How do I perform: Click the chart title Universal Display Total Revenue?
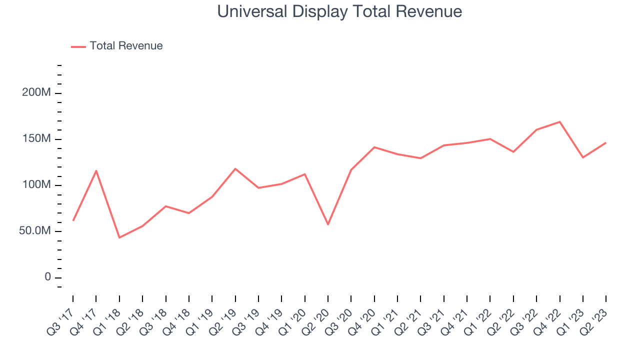pyautogui.click(x=339, y=11)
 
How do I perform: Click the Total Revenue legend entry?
pyautogui.click(x=126, y=46)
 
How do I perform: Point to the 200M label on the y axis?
pyautogui.click(x=36, y=93)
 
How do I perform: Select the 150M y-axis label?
pyautogui.click(x=36, y=139)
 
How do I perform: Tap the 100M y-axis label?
pyautogui.click(x=36, y=185)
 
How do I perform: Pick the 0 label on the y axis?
pyautogui.click(x=47, y=277)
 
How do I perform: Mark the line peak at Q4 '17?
pyautogui.click(x=96, y=171)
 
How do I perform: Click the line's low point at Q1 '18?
pyautogui.click(x=119, y=237)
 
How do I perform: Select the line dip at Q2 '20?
pyautogui.click(x=328, y=224)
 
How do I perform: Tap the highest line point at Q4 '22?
pyautogui.click(x=559, y=122)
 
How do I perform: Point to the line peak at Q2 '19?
pyautogui.click(x=235, y=169)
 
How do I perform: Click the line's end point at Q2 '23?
pyautogui.click(x=606, y=143)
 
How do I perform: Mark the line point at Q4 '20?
pyautogui.click(x=374, y=147)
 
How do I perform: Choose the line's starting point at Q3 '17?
pyautogui.click(x=73, y=220)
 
